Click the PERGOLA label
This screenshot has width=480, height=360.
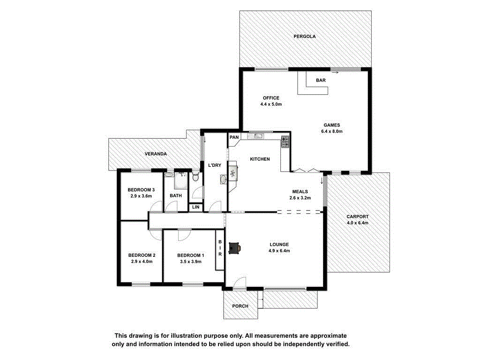(x=305, y=36)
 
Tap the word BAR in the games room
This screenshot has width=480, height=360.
(x=321, y=81)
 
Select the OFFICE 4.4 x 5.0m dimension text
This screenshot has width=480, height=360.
(x=271, y=104)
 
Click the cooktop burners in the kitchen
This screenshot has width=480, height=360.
(x=285, y=142)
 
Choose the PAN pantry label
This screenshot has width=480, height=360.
(x=234, y=137)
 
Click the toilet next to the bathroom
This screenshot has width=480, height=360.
(x=195, y=177)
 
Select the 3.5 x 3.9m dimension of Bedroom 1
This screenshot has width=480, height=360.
(x=190, y=262)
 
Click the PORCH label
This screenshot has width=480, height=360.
(x=240, y=306)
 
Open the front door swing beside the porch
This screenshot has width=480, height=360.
(x=239, y=283)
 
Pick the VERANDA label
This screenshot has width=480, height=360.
(x=156, y=154)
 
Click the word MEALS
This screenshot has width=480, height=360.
(x=300, y=191)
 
